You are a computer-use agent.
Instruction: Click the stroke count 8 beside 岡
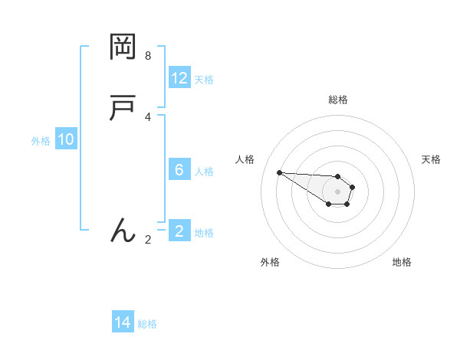pyautogui.click(x=148, y=56)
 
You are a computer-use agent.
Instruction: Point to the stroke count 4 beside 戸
pyautogui.click(x=148, y=116)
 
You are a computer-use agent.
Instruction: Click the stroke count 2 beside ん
pyautogui.click(x=148, y=239)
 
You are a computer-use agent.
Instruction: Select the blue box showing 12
pyautogui.click(x=179, y=78)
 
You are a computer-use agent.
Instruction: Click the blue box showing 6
pyautogui.click(x=179, y=170)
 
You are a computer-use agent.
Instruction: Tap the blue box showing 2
pyautogui.click(x=179, y=231)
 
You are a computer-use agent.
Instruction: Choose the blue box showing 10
pyautogui.click(x=66, y=139)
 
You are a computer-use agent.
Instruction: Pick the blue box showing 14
pyautogui.click(x=123, y=323)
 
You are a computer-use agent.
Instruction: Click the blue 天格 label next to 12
pyautogui.click(x=204, y=80)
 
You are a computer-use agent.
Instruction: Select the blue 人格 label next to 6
pyautogui.click(x=204, y=172)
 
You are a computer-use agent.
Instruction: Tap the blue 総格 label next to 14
pyautogui.click(x=147, y=325)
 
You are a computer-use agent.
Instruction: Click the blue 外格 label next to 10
pyautogui.click(x=41, y=141)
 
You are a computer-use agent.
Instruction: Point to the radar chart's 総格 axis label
pyautogui.click(x=337, y=100)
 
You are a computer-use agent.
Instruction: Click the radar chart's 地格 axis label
pyautogui.click(x=402, y=262)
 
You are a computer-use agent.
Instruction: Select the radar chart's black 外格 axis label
pyautogui.click(x=270, y=262)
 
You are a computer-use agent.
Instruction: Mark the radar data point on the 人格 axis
pyautogui.click(x=279, y=172)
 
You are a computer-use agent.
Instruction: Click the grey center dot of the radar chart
pyautogui.click(x=337, y=191)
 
